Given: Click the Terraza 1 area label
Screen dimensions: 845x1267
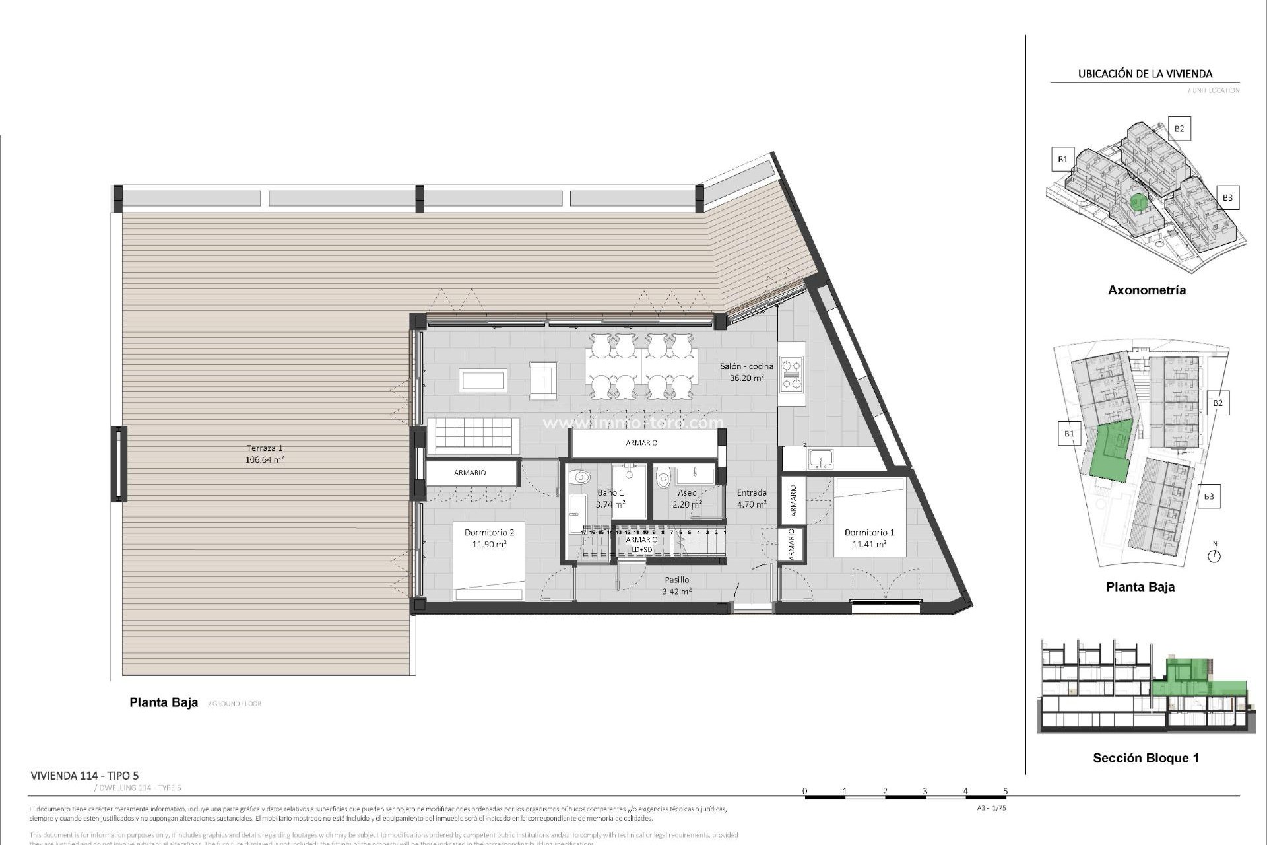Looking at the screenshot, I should pyautogui.click(x=265, y=454).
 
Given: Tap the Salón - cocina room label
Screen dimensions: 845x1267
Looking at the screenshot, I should pyautogui.click(x=746, y=372).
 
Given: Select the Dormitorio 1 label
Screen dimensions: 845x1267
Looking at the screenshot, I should pyautogui.click(x=869, y=538).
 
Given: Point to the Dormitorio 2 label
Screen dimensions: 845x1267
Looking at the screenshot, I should pyautogui.click(x=489, y=538).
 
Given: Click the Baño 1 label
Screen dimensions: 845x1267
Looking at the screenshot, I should pyautogui.click(x=610, y=498).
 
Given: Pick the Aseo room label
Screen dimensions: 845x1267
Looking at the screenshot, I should pyautogui.click(x=687, y=498).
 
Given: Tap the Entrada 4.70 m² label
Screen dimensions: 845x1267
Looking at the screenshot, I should pyautogui.click(x=752, y=498).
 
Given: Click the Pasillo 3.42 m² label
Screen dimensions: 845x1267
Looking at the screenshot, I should pyautogui.click(x=676, y=586).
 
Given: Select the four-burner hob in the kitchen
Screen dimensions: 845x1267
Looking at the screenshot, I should pyautogui.click(x=791, y=374).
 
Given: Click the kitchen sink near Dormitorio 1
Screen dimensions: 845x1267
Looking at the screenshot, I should pyautogui.click(x=821, y=458).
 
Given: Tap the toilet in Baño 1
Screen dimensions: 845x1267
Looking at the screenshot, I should pyautogui.click(x=579, y=477).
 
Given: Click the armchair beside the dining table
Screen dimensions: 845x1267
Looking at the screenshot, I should pyautogui.click(x=543, y=380).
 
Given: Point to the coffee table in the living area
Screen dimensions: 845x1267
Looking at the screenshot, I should pyautogui.click(x=483, y=380).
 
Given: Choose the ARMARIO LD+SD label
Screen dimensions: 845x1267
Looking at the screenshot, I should pyautogui.click(x=641, y=544).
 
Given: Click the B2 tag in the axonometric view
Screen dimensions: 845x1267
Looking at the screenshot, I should pyautogui.click(x=1179, y=129).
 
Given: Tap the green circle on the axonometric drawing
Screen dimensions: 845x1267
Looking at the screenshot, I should pyautogui.click(x=1136, y=201).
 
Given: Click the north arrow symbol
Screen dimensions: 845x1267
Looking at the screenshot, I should pyautogui.click(x=1214, y=555).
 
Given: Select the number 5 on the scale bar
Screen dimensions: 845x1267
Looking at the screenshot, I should pyautogui.click(x=1005, y=790).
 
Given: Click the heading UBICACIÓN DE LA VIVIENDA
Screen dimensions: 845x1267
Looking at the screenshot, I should pyautogui.click(x=1145, y=74).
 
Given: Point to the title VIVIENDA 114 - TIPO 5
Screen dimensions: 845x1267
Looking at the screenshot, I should pyautogui.click(x=84, y=776).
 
